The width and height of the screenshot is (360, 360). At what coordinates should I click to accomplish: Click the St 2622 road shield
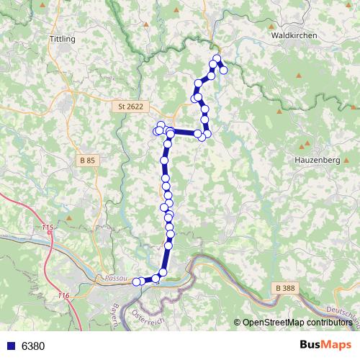(x=130, y=107)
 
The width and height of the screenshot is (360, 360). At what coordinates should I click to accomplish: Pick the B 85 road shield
(x=88, y=160)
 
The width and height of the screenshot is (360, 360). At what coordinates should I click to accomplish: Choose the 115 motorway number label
(x=48, y=228)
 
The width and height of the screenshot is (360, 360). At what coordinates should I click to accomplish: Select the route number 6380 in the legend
(x=33, y=346)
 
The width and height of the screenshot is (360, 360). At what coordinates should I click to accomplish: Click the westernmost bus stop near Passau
(x=136, y=282)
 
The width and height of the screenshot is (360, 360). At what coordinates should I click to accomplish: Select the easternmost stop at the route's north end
(x=224, y=70)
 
